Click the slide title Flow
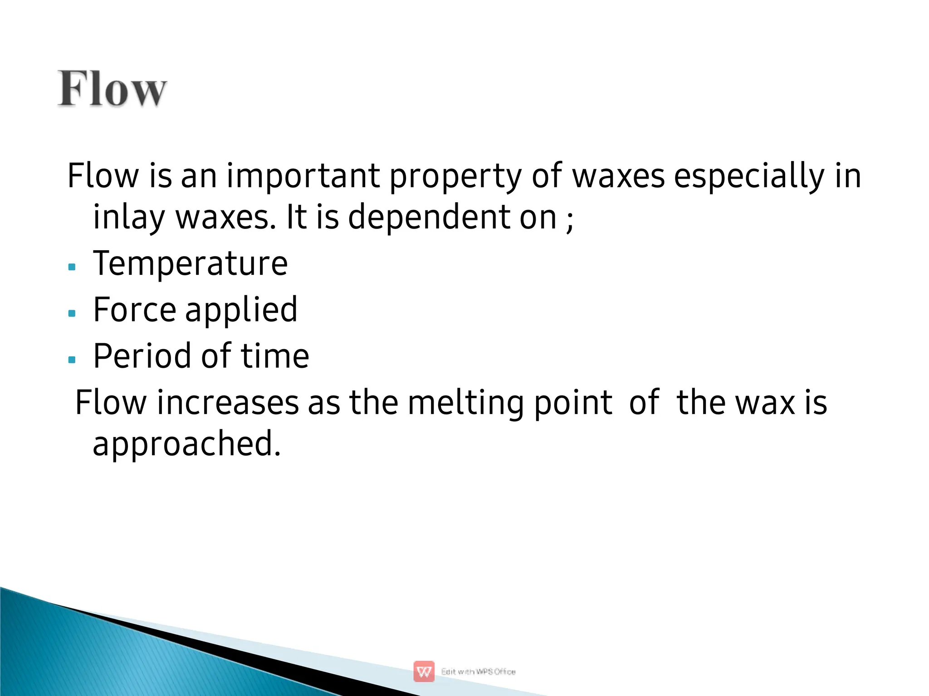coord(112,89)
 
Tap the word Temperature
coord(190,263)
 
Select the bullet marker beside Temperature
coord(72,267)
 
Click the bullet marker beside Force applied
coord(72,313)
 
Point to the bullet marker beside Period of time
coord(72,360)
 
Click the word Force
coord(134,310)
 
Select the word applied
coord(241,311)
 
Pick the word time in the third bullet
coord(275,356)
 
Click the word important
coord(303,177)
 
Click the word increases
coord(228,403)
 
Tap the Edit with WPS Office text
coord(478,672)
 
